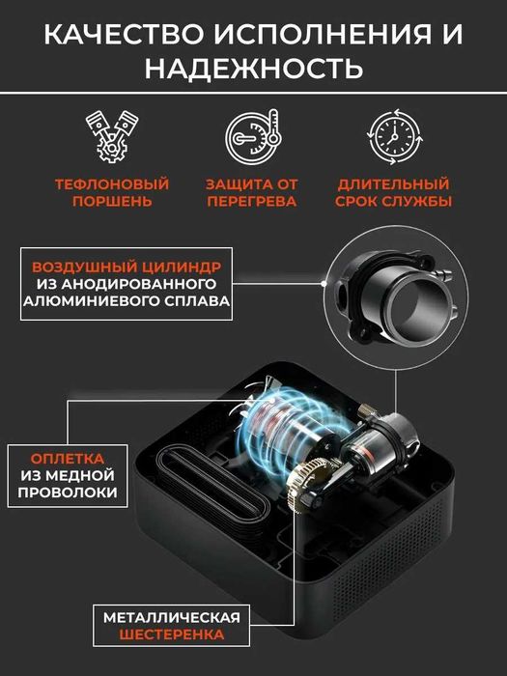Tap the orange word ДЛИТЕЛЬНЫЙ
[394, 183]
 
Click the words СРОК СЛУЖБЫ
[394, 202]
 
